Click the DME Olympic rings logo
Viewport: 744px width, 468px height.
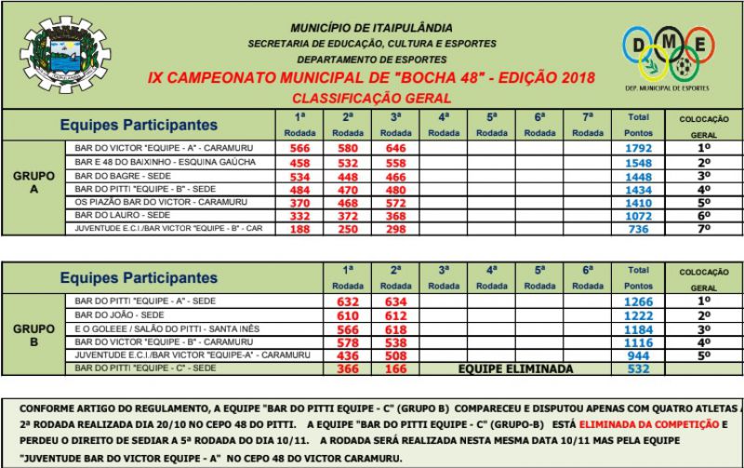click(667, 56)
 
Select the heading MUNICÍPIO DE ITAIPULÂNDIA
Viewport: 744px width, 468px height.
click(372, 29)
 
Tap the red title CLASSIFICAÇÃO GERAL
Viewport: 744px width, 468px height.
click(371, 98)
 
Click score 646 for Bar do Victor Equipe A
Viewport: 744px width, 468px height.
click(395, 148)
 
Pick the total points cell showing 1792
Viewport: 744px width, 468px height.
click(639, 148)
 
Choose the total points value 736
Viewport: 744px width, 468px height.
click(639, 229)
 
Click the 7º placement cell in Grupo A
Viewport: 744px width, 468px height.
click(704, 229)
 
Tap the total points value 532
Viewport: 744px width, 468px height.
click(639, 369)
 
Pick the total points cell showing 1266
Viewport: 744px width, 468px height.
click(639, 301)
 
